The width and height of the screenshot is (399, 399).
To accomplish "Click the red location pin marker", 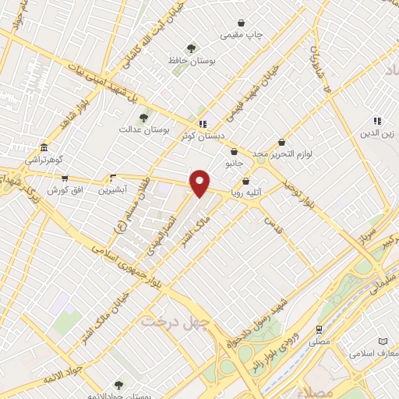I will click(x=200, y=182).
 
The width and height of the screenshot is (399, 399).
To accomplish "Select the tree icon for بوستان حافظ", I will click(x=192, y=49).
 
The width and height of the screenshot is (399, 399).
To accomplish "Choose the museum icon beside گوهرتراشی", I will click(x=44, y=148).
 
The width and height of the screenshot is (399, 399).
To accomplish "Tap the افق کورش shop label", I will click(x=64, y=190).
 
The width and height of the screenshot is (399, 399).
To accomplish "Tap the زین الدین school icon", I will click(x=377, y=122).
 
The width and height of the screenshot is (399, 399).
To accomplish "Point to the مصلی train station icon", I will click(x=318, y=330).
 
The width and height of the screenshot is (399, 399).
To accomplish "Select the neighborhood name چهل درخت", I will click(x=169, y=321).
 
